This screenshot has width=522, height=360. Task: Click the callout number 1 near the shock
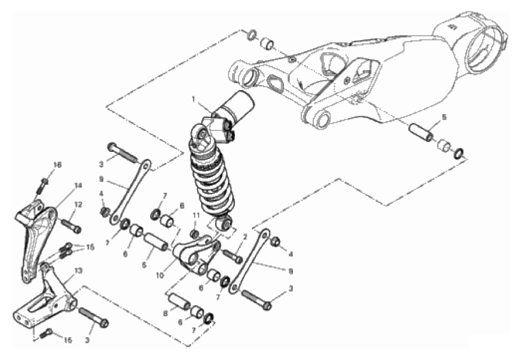point(193,99)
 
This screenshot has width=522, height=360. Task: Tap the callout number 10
point(160,276)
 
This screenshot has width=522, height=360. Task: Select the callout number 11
point(196,215)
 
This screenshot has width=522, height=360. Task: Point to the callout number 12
point(78,205)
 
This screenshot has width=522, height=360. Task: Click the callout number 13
point(78,271)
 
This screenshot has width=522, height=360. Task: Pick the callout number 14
point(78,186)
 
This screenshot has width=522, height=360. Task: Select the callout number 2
point(246,237)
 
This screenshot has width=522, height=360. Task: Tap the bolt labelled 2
point(233,255)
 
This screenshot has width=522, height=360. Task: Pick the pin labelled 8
point(179,299)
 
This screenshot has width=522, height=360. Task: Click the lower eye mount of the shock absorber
point(224,223)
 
